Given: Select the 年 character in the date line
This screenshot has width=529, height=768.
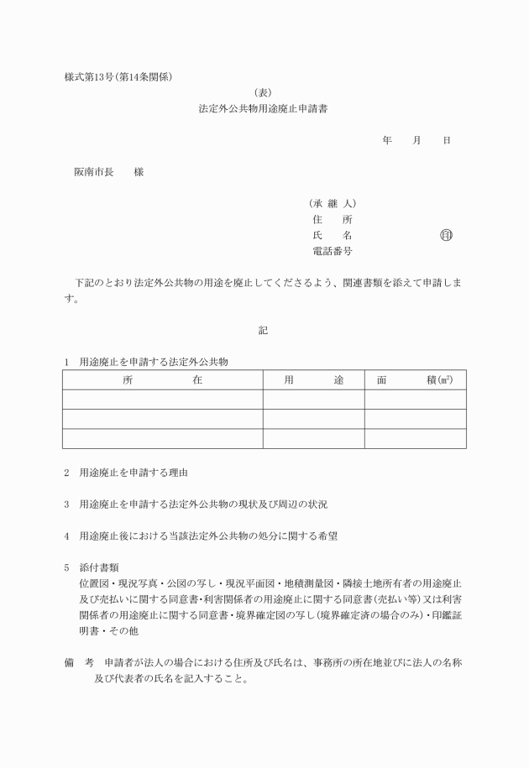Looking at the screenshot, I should (x=387, y=140).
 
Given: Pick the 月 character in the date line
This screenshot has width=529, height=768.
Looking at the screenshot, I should (x=416, y=140).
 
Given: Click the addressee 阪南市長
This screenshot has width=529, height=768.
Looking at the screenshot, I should (x=93, y=172).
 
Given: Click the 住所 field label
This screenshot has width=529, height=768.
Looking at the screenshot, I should (x=332, y=219).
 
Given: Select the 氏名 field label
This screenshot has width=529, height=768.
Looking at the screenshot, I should (x=332, y=235).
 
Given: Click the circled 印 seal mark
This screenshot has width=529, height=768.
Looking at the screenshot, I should (x=445, y=235).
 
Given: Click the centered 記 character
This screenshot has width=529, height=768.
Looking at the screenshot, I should (x=263, y=331).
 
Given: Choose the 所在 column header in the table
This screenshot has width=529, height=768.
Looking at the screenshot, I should (x=162, y=380).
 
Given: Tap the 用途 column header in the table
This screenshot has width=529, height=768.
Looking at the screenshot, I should (x=313, y=380).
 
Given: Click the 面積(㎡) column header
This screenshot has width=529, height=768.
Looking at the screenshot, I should (x=415, y=380).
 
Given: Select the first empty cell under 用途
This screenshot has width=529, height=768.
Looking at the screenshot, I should (x=313, y=400).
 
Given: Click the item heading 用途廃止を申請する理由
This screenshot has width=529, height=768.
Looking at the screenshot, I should (x=133, y=473).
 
